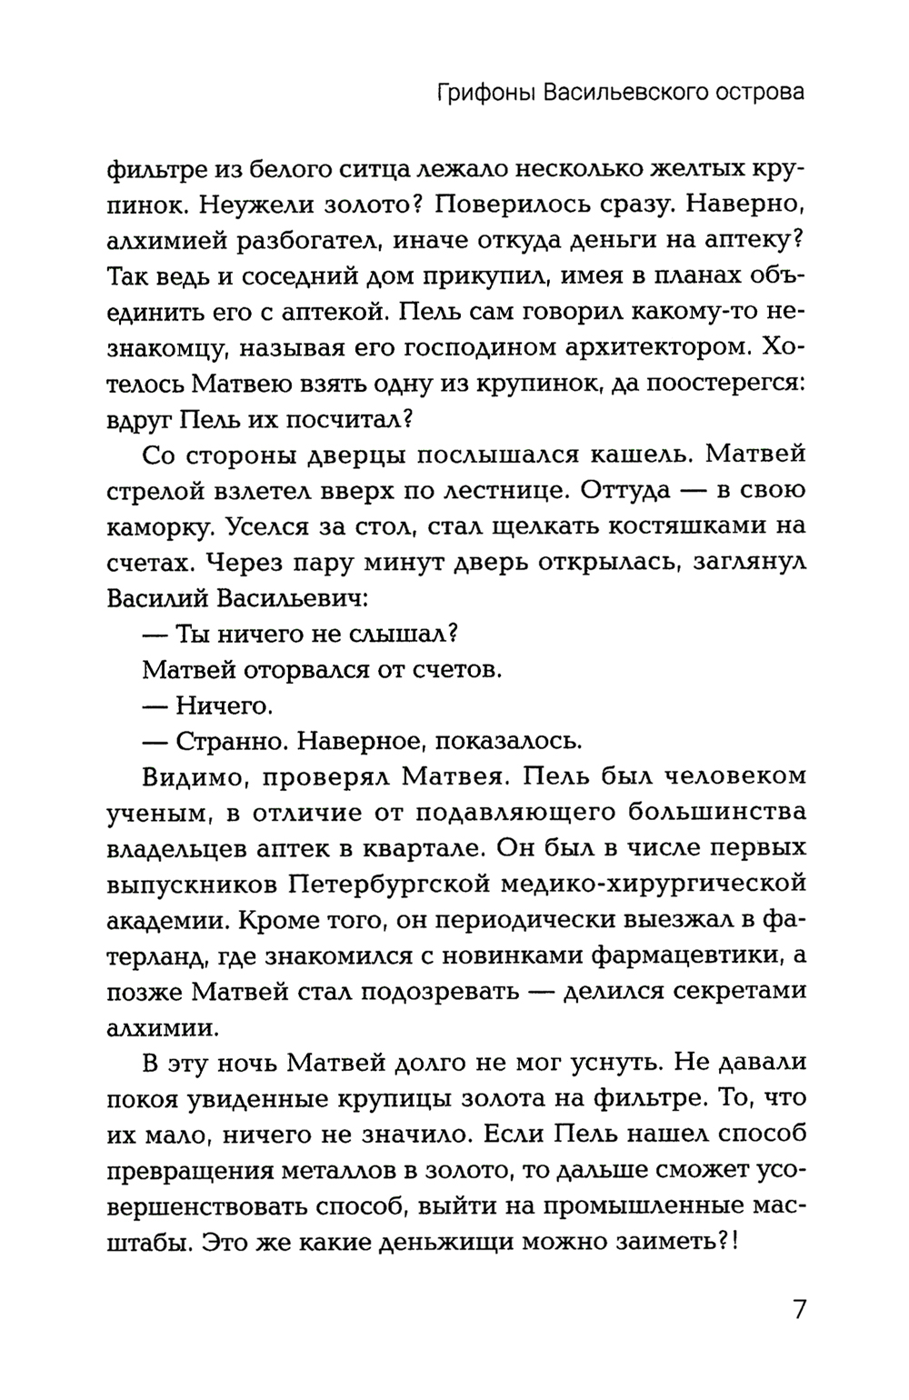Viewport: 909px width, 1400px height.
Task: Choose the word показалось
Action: [x=509, y=741]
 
